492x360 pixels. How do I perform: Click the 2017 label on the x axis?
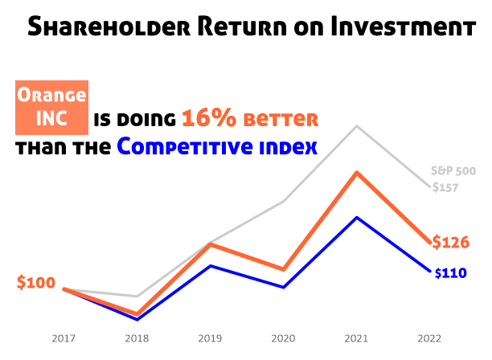coord(64,338)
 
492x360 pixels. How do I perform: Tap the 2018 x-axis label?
coord(137,338)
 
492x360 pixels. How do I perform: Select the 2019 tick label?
coord(210,338)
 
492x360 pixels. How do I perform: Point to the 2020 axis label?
coord(283,338)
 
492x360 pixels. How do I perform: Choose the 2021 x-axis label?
coord(356,338)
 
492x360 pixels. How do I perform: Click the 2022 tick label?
coord(429,338)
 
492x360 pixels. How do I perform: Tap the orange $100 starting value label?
coord(36,283)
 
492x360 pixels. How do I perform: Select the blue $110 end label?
coord(450,273)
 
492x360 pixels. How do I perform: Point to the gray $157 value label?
coord(445,187)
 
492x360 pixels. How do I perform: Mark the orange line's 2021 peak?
coord(356,172)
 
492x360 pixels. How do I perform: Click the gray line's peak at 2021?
coord(356,126)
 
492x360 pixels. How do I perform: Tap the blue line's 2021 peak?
coord(356,218)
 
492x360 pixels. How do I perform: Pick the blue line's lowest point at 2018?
coord(137,319)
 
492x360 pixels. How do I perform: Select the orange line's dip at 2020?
coord(283,269)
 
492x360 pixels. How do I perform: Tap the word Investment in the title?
coord(403,29)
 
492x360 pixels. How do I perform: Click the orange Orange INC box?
coord(51,108)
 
